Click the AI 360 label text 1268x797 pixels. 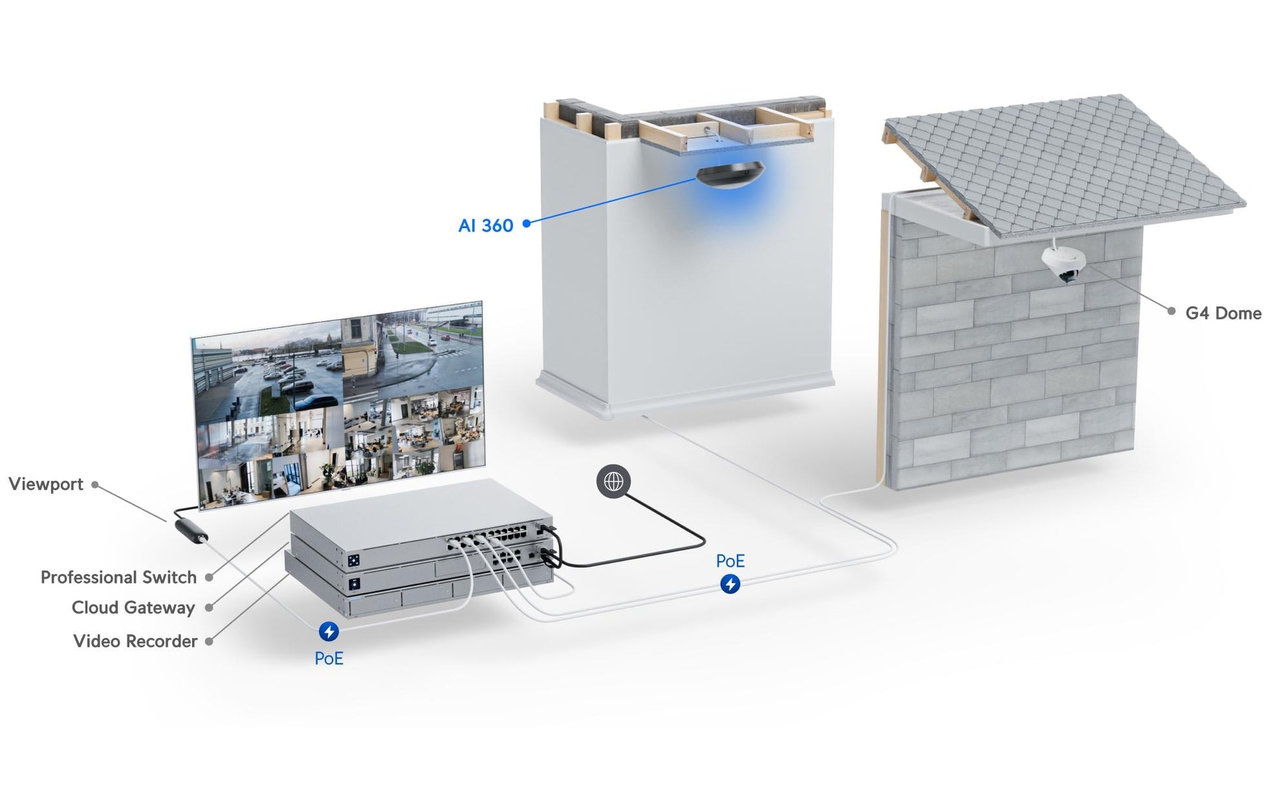(x=485, y=225)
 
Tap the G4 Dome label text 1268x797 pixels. (x=1223, y=313)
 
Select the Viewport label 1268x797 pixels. (x=46, y=484)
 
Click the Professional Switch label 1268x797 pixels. (x=119, y=577)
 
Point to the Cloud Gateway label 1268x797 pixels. (x=134, y=608)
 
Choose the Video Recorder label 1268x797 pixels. (x=135, y=641)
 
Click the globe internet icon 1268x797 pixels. (x=613, y=481)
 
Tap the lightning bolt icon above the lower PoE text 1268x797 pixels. (x=328, y=631)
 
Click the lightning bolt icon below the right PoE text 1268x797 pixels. (x=730, y=584)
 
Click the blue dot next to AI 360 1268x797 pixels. (x=526, y=223)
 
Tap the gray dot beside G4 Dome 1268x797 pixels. (x=1171, y=312)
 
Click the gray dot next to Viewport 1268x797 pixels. (x=95, y=484)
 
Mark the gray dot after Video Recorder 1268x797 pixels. (x=209, y=641)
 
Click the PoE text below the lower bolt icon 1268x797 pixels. (x=328, y=658)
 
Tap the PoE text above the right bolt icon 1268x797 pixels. (x=730, y=561)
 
